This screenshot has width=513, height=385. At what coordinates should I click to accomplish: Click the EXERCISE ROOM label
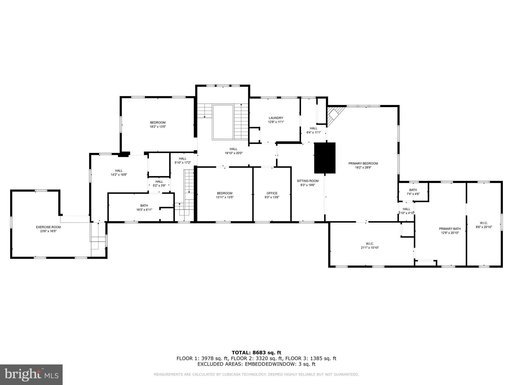click(48, 227)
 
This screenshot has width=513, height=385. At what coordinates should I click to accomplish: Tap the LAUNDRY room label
click(276, 118)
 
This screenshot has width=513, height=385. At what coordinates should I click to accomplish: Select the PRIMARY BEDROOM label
click(363, 163)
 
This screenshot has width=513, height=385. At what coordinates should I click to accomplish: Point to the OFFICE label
click(272, 193)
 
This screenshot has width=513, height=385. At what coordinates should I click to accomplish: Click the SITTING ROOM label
click(308, 181)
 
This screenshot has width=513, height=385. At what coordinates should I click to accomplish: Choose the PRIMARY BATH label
click(450, 229)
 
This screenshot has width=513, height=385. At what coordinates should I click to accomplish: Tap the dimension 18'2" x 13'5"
click(158, 127)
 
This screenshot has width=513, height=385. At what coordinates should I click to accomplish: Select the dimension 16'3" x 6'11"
click(144, 210)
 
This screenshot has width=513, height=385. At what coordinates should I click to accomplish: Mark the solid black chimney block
click(325, 158)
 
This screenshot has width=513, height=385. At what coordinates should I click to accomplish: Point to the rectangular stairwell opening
click(223, 122)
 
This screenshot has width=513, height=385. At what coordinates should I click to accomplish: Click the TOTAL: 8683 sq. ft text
click(256, 353)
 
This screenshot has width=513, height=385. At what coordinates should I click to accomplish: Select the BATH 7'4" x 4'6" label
click(413, 192)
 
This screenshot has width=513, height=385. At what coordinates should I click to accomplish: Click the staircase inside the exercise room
click(98, 237)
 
